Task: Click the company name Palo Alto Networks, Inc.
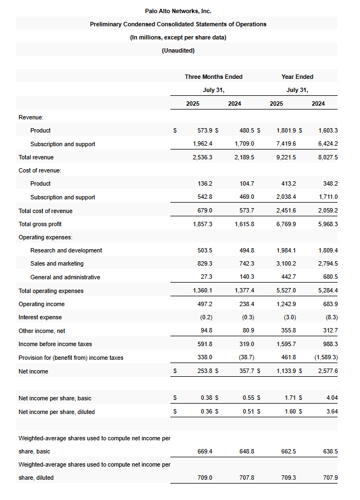tap(178, 11)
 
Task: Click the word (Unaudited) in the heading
tap(178, 50)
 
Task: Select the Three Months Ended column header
tap(214, 77)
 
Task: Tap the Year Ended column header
tap(298, 77)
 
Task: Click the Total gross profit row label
tap(40, 224)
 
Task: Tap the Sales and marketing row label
tap(57, 263)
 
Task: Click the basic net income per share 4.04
tap(332, 398)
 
